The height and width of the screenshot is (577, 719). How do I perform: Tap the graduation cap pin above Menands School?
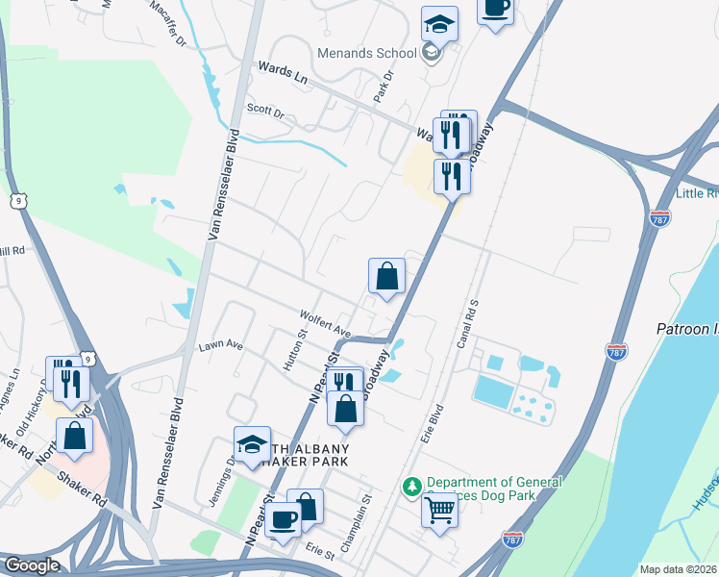(x=439, y=23)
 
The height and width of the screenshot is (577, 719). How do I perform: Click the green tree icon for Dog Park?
(x=412, y=484)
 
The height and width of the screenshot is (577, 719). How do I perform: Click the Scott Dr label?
(x=266, y=112)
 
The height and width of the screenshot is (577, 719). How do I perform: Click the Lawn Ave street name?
(x=221, y=345)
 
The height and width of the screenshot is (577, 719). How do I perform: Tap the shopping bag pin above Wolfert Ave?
(x=386, y=277)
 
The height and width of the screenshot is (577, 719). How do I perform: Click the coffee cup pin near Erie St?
(x=283, y=520)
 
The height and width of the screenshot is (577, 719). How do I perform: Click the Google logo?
(x=31, y=565)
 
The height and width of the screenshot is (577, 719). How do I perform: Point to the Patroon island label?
(x=686, y=329)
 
